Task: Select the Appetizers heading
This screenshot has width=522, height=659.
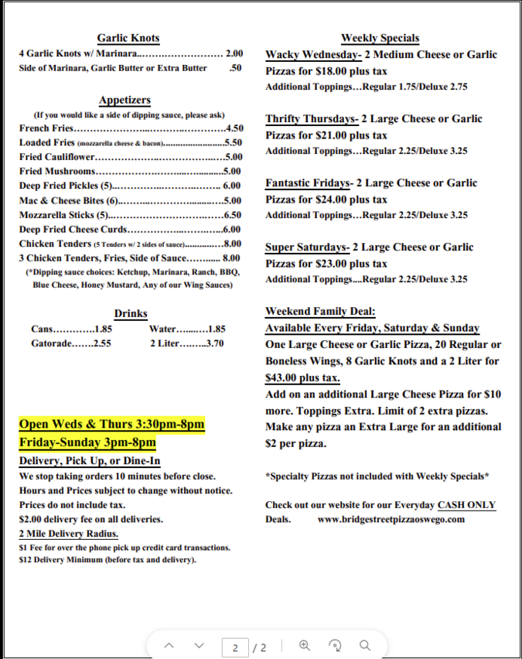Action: click(125, 101)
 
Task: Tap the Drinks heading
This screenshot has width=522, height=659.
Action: click(131, 313)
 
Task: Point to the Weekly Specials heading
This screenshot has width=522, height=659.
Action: click(380, 38)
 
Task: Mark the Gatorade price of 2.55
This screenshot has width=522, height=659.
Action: click(102, 343)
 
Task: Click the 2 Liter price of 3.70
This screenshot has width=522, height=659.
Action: click(214, 343)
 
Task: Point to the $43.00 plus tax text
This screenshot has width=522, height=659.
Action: click(302, 378)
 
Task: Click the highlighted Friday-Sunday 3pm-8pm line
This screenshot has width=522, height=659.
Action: click(87, 442)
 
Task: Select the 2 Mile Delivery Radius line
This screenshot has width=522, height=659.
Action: click(69, 534)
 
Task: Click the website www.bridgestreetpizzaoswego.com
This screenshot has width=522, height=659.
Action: click(391, 519)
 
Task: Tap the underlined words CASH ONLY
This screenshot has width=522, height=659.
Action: click(466, 505)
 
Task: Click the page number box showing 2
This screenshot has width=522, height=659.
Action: click(234, 647)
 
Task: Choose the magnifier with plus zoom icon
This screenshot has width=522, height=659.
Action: click(305, 645)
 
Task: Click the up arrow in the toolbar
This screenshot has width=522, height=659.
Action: click(169, 646)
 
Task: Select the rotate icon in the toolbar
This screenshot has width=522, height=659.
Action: click(335, 645)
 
